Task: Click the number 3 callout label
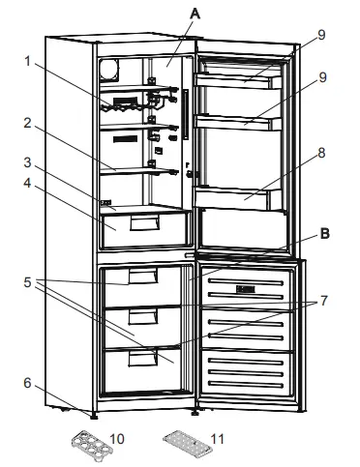(30, 161)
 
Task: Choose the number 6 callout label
(27, 383)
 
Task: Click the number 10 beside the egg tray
(118, 439)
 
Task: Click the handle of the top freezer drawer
(140, 277)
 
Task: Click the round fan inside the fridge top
(109, 71)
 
